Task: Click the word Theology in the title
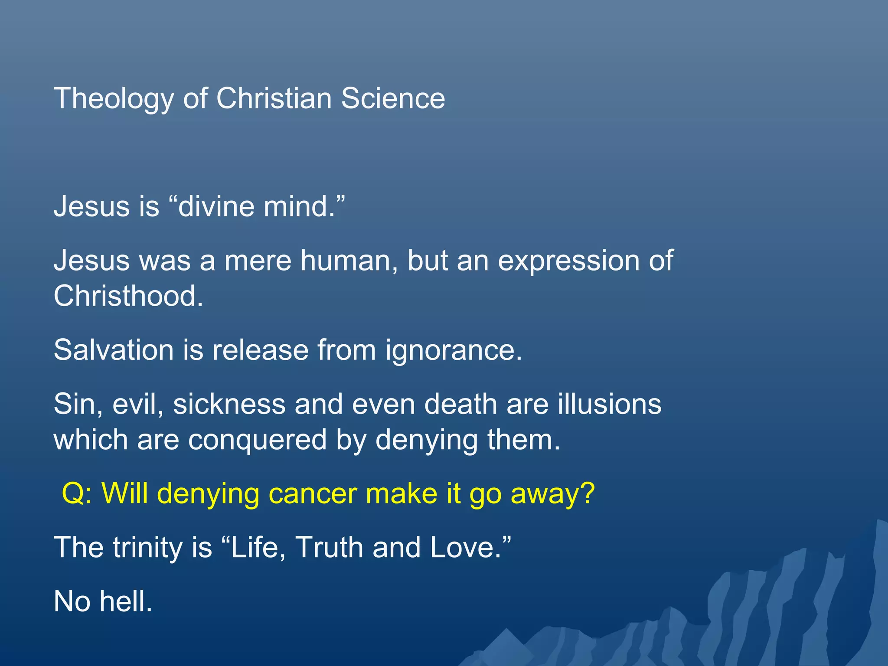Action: pos(114,99)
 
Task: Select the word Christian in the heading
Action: pos(274,98)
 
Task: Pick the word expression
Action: pos(568,261)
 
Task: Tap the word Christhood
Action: pos(128,296)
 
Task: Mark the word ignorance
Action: pos(454,350)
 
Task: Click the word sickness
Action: pos(229,404)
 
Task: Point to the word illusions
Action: pos(610,404)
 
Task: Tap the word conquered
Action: pos(257,440)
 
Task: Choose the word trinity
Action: pos(147,547)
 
